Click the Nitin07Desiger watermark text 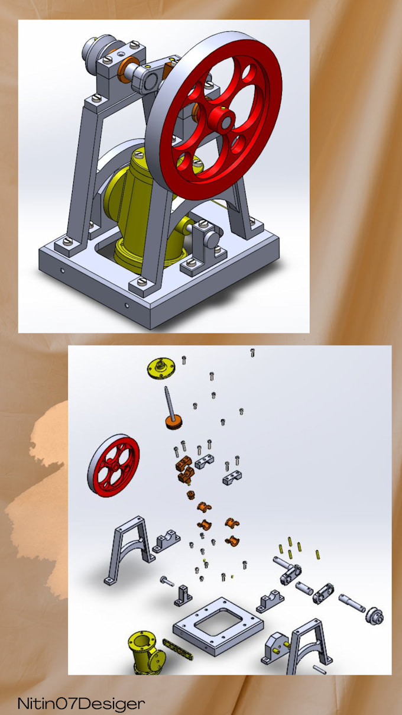tap(80, 704)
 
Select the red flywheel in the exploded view tap(114, 465)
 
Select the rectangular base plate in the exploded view tap(217, 627)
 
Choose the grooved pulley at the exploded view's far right tap(375, 616)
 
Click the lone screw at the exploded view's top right tap(252, 352)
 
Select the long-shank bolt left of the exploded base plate tap(167, 581)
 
